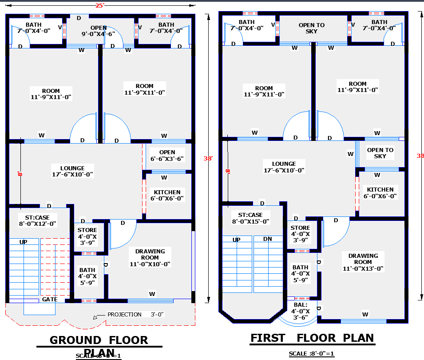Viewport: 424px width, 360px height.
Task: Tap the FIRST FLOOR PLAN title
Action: point(312,338)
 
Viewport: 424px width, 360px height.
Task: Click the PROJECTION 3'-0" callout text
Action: point(135,314)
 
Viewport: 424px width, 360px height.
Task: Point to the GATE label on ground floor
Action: point(50,299)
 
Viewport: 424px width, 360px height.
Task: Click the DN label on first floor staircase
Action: point(267,239)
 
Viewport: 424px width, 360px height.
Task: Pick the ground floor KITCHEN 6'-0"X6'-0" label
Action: point(167,196)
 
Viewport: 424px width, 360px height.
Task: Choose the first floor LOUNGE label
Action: point(284,167)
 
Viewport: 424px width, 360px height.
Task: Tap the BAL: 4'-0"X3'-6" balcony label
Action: point(300,311)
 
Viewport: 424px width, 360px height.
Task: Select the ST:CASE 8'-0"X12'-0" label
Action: point(37,220)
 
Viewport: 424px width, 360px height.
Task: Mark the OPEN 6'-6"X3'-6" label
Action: point(167,156)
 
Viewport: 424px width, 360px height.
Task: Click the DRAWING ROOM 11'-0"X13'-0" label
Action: point(363,262)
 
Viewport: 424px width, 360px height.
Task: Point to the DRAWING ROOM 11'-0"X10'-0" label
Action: point(150,257)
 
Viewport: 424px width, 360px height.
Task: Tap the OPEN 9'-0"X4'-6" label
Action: point(98,31)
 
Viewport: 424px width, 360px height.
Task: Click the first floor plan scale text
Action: point(312,354)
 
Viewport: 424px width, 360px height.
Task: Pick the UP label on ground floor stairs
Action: point(23,242)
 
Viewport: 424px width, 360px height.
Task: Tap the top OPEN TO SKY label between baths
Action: point(312,28)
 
